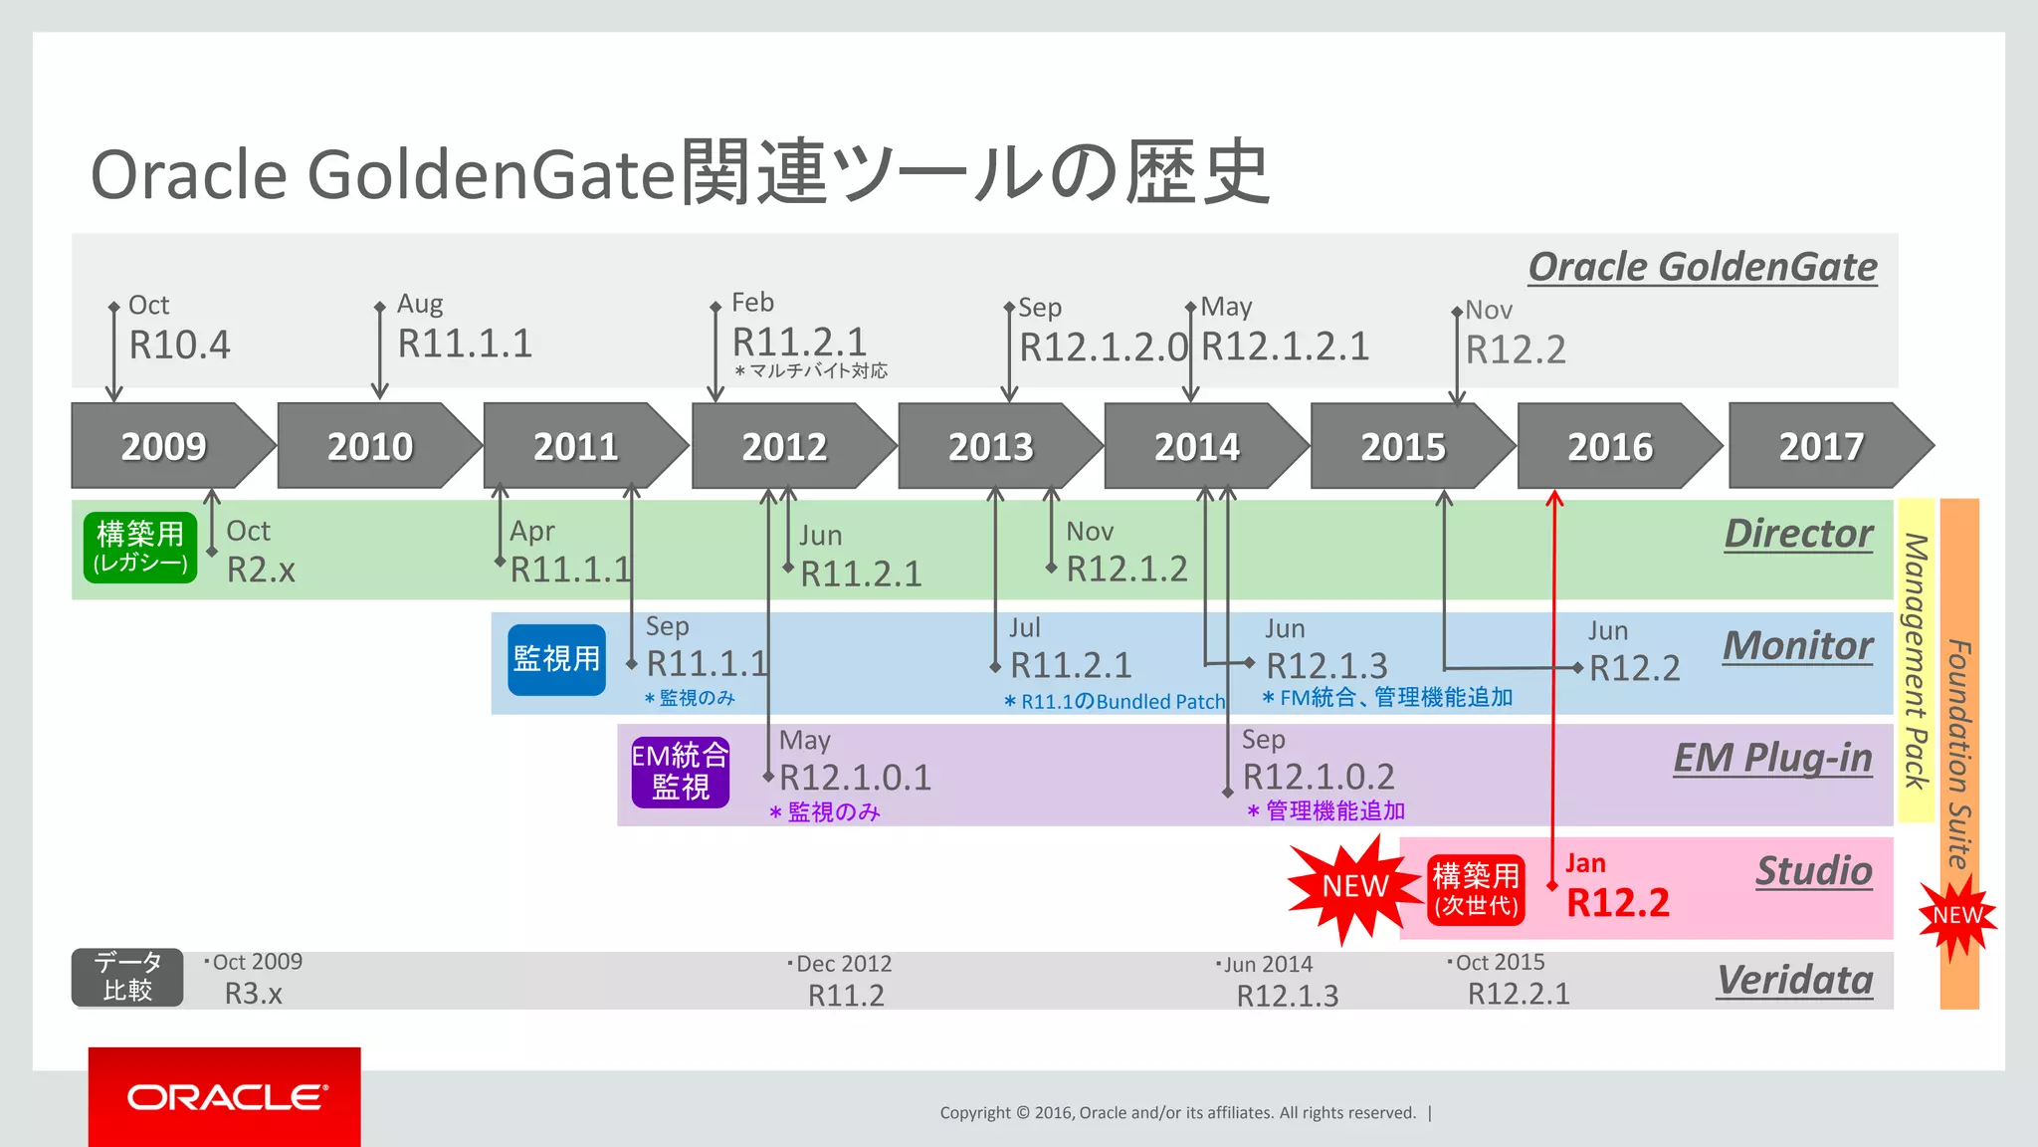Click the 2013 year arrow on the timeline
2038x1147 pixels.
pos(991,446)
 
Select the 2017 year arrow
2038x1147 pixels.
pos(1821,446)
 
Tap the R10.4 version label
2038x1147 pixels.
pos(180,345)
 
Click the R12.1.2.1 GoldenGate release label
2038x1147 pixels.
pos(1286,346)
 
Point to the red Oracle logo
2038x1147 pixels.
pos(225,1096)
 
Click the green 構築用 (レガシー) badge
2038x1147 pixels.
pos(140,547)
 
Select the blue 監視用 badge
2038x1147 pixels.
pos(556,659)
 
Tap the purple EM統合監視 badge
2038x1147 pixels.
pos(681,772)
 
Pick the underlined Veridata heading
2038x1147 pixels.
pos(1795,980)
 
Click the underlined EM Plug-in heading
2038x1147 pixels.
pos(1772,758)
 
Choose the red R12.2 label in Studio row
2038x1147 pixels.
pos(1618,903)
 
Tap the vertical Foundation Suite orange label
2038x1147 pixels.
pos(1958,754)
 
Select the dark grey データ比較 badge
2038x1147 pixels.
pos(127,977)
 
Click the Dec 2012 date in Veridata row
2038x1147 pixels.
pos(842,964)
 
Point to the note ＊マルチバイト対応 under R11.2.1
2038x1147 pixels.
pos(811,371)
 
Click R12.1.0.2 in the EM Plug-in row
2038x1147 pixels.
pos(1319,777)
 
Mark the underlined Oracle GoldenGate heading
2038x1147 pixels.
pos(1703,267)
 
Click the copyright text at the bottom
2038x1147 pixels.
pos(1177,1113)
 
